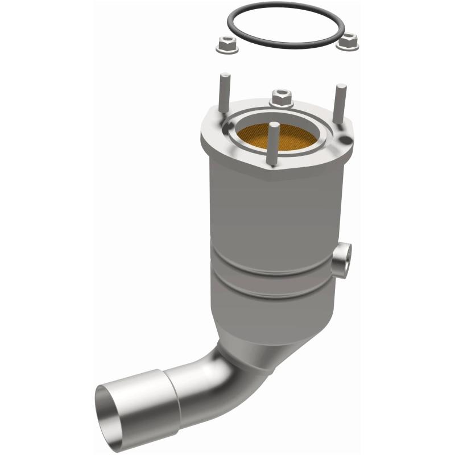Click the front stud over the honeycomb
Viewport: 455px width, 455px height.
click(x=274, y=142)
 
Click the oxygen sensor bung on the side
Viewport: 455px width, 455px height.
click(x=342, y=259)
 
